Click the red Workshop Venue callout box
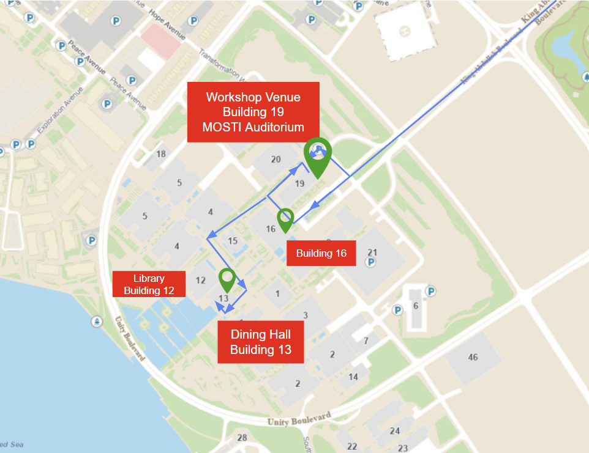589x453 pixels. point(253,112)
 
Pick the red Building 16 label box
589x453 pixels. point(321,253)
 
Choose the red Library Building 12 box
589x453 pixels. point(149,284)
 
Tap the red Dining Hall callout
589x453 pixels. point(260,342)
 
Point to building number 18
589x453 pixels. point(161,153)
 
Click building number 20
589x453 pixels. point(276,160)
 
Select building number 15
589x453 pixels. point(232,241)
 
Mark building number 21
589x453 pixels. point(372,252)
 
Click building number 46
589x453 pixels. point(473,356)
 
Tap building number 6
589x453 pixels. point(416,306)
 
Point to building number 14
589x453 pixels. point(353,377)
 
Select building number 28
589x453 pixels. point(242,437)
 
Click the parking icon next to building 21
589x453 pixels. point(370,262)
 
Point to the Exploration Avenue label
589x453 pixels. point(59,111)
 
